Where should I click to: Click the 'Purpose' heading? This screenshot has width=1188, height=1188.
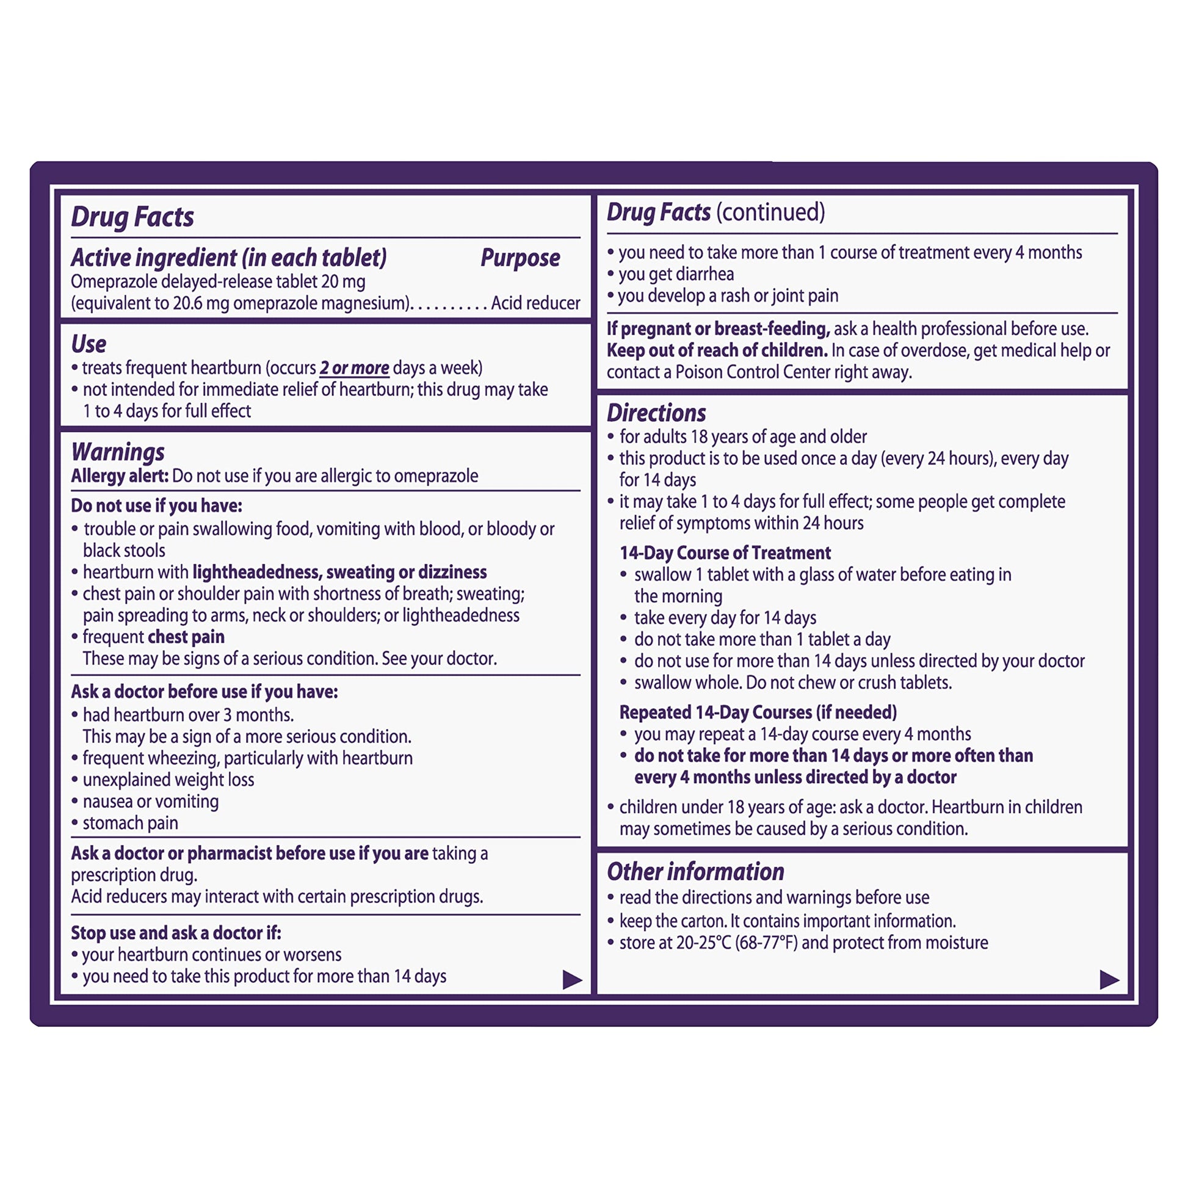pyautogui.click(x=520, y=258)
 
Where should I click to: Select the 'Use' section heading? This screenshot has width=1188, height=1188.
pyautogui.click(x=89, y=344)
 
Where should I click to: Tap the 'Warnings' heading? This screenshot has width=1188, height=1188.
pyautogui.click(x=118, y=452)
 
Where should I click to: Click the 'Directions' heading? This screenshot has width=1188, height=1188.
pyautogui.click(x=656, y=413)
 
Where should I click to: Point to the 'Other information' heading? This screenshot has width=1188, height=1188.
pyautogui.click(x=695, y=871)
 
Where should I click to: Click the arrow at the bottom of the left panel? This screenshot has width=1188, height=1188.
pyautogui.click(x=572, y=980)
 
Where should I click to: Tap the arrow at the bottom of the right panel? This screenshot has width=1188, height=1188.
pyautogui.click(x=1109, y=980)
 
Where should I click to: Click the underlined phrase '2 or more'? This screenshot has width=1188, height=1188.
pyautogui.click(x=354, y=368)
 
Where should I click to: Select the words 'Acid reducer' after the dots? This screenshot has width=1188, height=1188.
pyautogui.click(x=535, y=303)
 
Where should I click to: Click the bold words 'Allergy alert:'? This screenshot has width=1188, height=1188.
pyautogui.click(x=119, y=476)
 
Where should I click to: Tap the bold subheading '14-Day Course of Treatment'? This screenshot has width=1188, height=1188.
pyautogui.click(x=725, y=553)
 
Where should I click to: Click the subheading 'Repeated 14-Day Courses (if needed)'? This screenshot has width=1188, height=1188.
pyautogui.click(x=758, y=712)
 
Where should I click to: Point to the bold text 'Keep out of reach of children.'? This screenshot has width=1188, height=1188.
pyautogui.click(x=717, y=350)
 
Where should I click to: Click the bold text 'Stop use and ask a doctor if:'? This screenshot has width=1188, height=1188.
pyautogui.click(x=176, y=933)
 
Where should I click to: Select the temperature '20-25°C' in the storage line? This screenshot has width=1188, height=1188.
pyautogui.click(x=703, y=943)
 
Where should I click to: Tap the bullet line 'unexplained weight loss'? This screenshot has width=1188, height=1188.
pyautogui.click(x=168, y=780)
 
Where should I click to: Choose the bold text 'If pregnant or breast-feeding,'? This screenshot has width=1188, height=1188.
pyautogui.click(x=718, y=329)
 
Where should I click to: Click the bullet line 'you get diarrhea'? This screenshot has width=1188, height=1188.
pyautogui.click(x=676, y=274)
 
